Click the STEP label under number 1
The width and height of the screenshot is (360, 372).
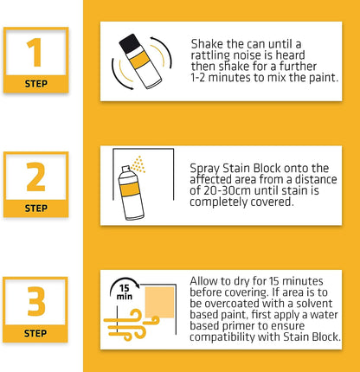[x=35, y=84]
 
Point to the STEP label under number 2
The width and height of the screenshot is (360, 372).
[x=35, y=208]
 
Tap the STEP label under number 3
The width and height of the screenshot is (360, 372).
[x=35, y=333]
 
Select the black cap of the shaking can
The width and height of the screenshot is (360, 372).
[x=131, y=42]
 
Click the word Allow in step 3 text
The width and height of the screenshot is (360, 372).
[x=206, y=282]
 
